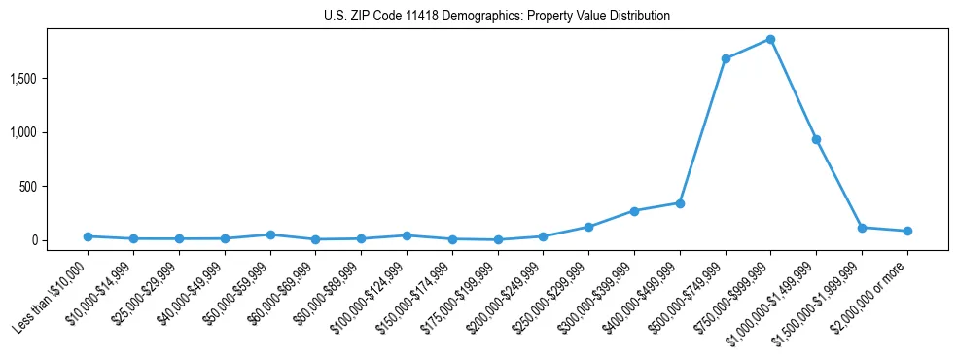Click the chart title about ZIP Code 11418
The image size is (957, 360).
[497, 17]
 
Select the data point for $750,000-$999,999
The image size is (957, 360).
[770, 39]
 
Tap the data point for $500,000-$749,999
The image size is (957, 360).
[726, 58]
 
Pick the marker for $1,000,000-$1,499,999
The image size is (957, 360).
[816, 139]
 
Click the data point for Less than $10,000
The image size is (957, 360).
[88, 236]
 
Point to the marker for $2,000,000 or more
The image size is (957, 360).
[907, 231]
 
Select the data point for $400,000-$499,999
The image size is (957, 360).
[680, 203]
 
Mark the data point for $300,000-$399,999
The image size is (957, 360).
[634, 211]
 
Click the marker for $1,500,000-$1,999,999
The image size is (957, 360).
[862, 228]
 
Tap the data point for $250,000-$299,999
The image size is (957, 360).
[588, 227]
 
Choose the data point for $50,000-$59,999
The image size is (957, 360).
[270, 234]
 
